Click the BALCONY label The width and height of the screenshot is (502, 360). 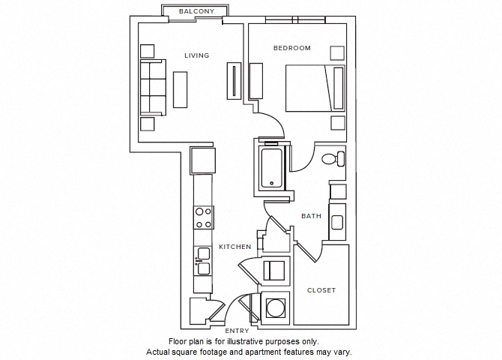[x=196, y=12]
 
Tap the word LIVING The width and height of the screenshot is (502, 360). [x=197, y=55]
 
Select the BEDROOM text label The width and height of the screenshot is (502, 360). [x=291, y=48]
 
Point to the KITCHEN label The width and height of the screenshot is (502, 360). [x=235, y=247]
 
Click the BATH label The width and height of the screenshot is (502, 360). [x=311, y=216]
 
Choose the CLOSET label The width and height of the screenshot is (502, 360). [x=321, y=290]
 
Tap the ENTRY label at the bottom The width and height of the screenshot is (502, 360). [x=238, y=331]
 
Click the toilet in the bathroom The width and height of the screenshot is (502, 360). [x=333, y=159]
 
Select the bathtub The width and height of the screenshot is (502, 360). [x=271, y=169]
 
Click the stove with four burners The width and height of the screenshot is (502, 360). [x=203, y=217]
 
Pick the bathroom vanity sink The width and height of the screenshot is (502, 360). [x=336, y=222]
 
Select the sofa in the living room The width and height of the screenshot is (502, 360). [x=153, y=88]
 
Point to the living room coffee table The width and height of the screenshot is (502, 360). [x=181, y=89]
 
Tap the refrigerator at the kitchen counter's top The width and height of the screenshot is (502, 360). [x=202, y=160]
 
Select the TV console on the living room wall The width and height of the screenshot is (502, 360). [x=235, y=80]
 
